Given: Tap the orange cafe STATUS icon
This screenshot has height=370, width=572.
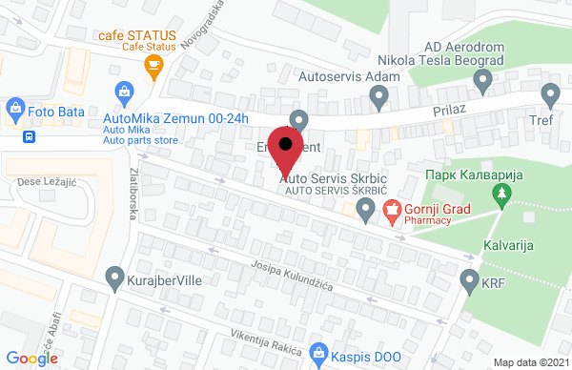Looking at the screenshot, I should [x=152, y=65].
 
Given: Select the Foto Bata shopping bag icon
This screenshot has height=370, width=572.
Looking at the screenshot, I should [x=15, y=110].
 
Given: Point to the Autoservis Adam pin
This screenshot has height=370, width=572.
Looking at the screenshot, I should [x=378, y=95].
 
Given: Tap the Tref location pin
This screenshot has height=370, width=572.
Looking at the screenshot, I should [x=550, y=94].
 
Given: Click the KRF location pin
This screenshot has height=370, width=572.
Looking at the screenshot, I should [x=468, y=280].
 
